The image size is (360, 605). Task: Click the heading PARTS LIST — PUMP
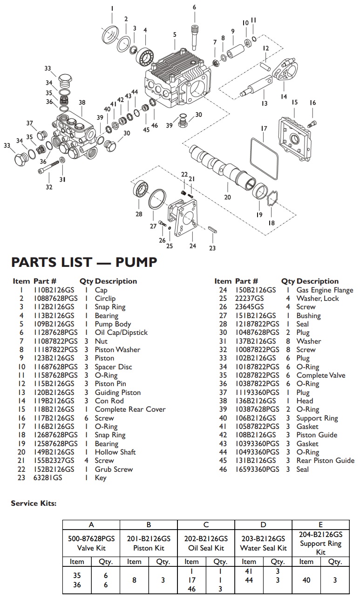click(84, 263)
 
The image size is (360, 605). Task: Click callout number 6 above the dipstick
click(194, 7)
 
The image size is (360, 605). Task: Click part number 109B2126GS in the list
click(54, 324)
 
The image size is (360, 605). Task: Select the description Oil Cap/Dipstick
click(121, 333)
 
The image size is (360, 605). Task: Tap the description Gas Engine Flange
click(325, 290)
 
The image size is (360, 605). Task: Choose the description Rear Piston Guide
click(325, 461)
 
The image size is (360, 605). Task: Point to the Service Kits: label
click(34, 503)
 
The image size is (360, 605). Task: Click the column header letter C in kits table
click(206, 524)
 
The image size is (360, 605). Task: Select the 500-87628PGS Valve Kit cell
click(91, 543)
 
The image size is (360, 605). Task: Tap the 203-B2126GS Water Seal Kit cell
click(263, 543)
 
